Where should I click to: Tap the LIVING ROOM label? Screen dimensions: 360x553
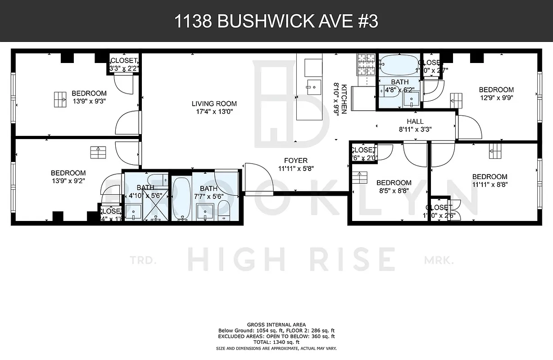point(214,103)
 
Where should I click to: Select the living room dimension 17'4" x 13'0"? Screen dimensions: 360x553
point(214,111)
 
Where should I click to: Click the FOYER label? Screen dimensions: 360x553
point(296,161)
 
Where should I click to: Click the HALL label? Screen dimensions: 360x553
point(415,121)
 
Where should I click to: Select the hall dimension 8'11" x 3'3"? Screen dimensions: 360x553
point(415,129)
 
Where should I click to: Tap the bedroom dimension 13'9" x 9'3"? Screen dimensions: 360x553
point(89,101)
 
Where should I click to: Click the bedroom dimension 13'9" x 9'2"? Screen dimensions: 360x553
point(68,180)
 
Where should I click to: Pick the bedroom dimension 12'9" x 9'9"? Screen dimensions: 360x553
point(496,97)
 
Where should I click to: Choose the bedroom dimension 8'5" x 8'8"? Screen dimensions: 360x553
point(394,190)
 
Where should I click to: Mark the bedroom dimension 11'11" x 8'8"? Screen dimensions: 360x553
point(490,184)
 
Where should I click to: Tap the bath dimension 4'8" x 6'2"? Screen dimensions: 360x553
point(399,90)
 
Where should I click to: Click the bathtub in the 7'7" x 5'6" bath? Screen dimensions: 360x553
point(181,198)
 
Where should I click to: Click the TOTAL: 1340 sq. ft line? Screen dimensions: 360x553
point(276,342)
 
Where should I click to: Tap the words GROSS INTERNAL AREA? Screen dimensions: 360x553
point(276,325)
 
